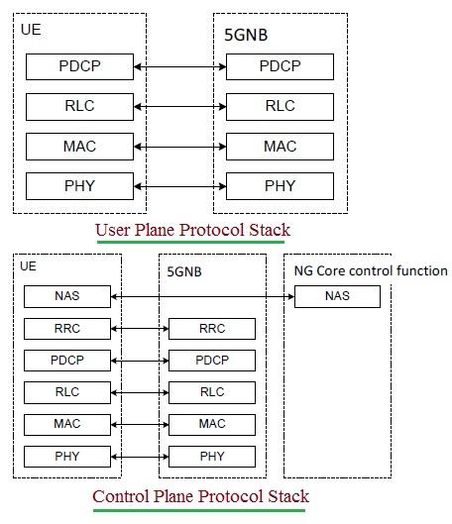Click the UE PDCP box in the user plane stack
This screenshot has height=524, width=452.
click(x=79, y=67)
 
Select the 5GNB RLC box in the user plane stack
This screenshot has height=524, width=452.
click(x=280, y=106)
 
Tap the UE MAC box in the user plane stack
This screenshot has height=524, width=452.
click(x=79, y=146)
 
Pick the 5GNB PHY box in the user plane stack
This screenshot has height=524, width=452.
click(x=280, y=185)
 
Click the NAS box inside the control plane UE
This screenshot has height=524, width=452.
click(x=67, y=296)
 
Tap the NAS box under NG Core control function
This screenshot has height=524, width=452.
click(x=337, y=296)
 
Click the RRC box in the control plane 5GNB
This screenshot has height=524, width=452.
click(x=212, y=329)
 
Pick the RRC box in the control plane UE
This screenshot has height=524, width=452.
click(x=67, y=329)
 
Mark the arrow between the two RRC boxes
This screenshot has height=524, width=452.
click(x=140, y=329)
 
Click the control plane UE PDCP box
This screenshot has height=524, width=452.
click(x=67, y=361)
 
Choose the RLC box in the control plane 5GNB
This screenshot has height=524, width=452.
click(x=212, y=392)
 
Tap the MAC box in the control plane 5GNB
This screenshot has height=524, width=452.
click(x=212, y=424)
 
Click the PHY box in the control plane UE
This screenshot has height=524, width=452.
click(x=67, y=457)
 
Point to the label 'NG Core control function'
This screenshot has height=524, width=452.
click(x=371, y=270)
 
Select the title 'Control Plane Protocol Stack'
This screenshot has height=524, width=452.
click(x=200, y=496)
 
